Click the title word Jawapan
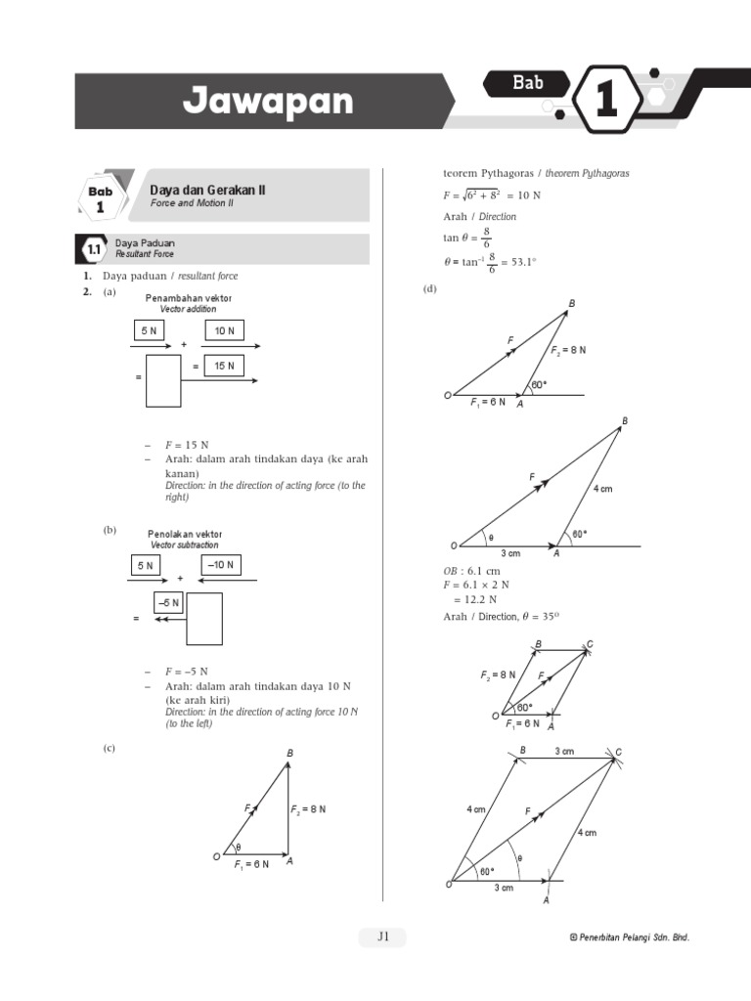tap(268, 102)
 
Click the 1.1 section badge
tap(94, 250)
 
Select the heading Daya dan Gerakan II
tap(207, 191)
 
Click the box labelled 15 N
tap(224, 365)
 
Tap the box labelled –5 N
tap(168, 604)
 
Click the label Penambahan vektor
tap(189, 297)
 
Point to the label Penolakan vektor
tap(185, 534)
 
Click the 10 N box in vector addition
tap(224, 330)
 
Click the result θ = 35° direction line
tap(501, 616)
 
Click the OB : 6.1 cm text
tap(471, 570)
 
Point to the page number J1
tap(382, 936)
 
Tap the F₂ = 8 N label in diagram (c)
tap(308, 809)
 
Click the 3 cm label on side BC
tap(564, 751)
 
